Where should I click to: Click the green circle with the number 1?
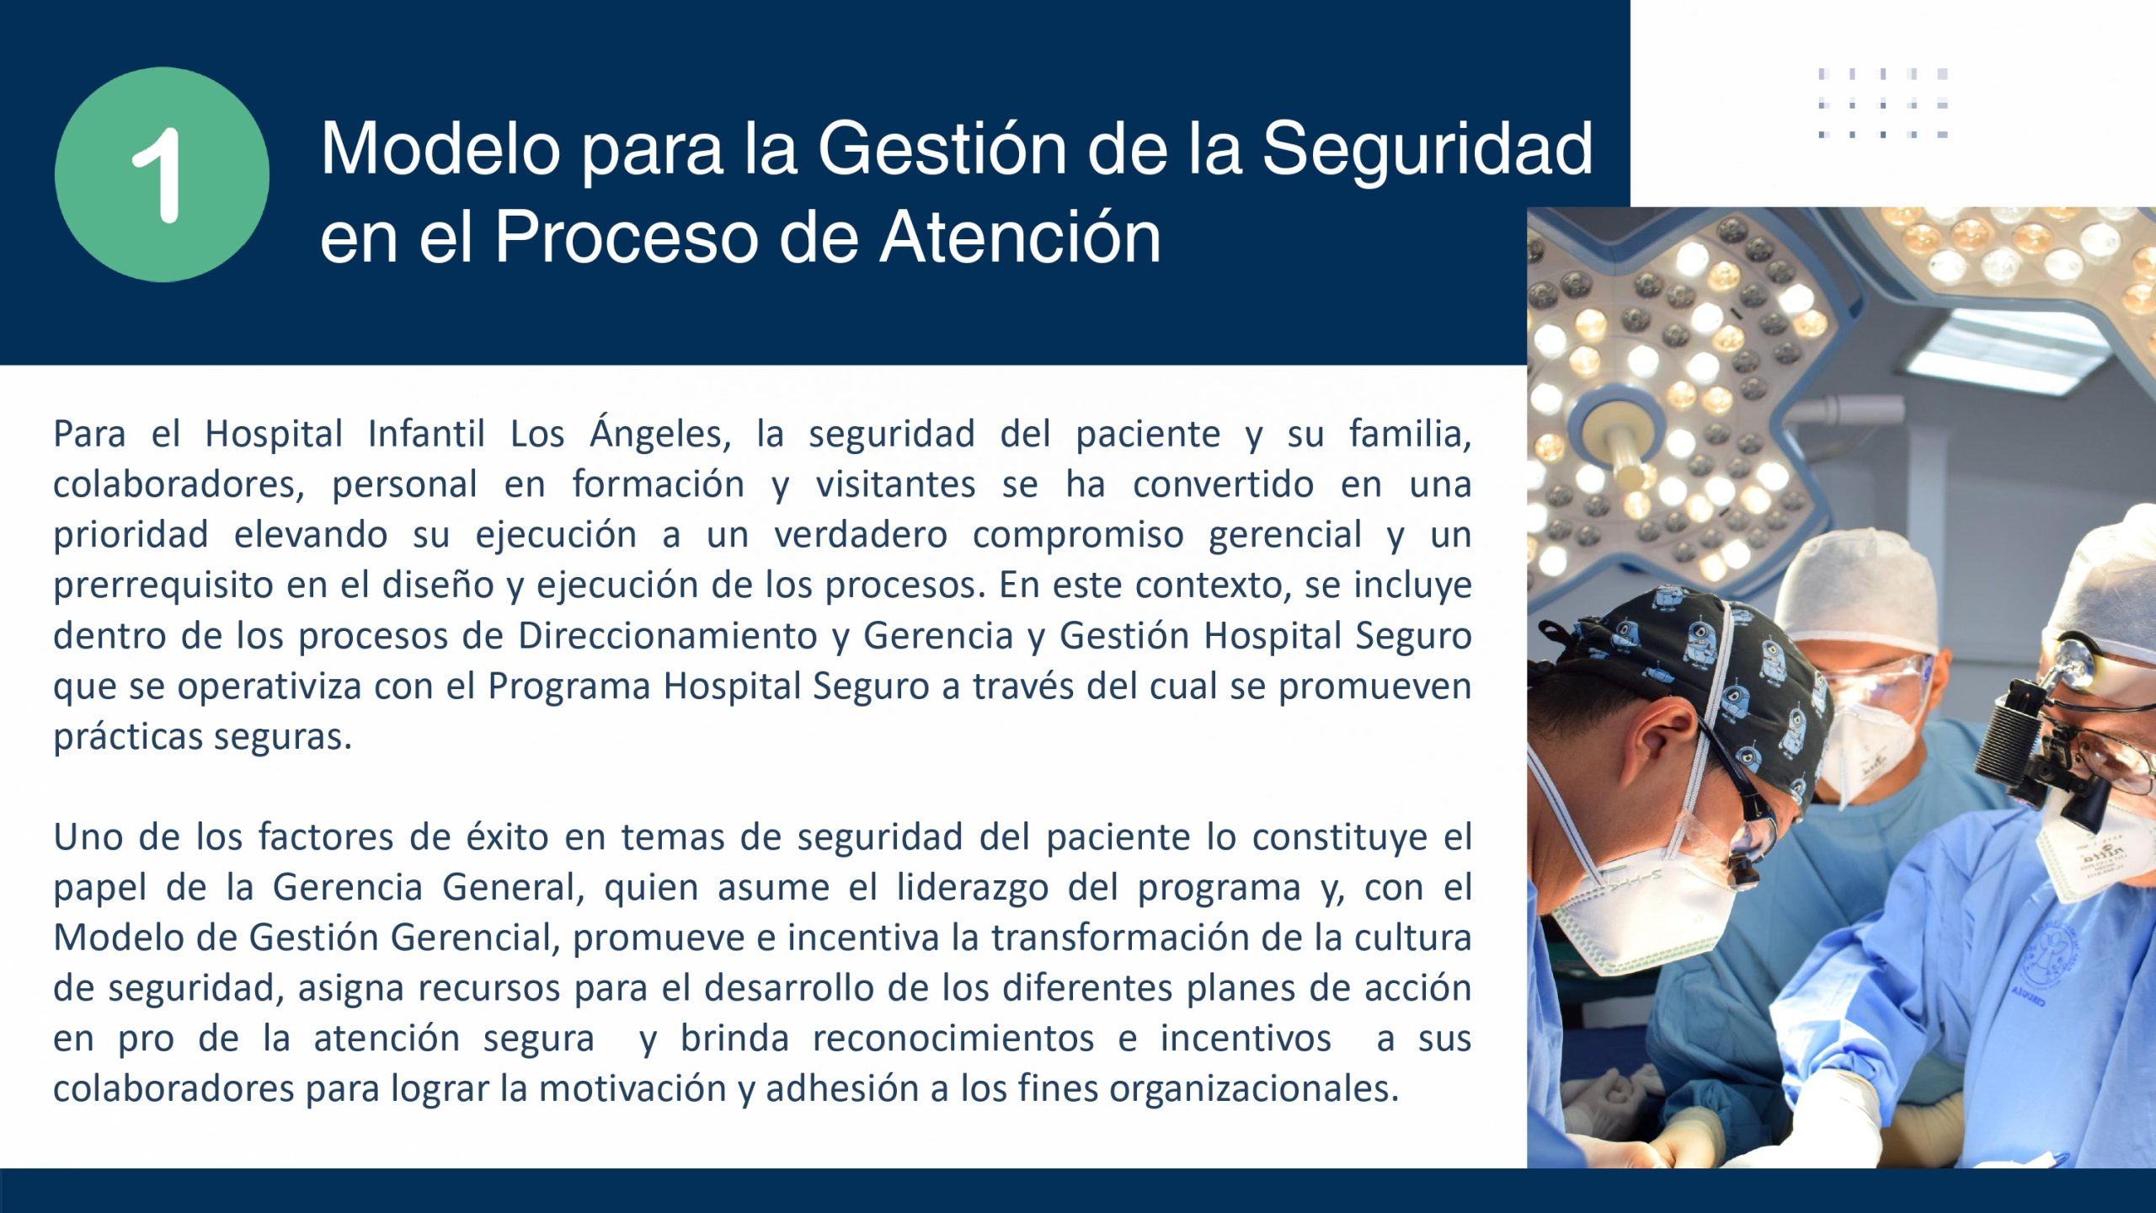pyautogui.click(x=162, y=174)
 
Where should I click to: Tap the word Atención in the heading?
pyautogui.click(x=1021, y=237)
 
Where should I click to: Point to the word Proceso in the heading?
pyautogui.click(x=627, y=237)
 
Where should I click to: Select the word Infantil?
pyautogui.click(x=426, y=434)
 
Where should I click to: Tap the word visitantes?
pyautogui.click(x=895, y=484)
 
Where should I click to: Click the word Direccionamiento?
pyautogui.click(x=667, y=635)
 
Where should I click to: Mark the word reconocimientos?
pyautogui.click(x=953, y=1039)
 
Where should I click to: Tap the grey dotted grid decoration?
pyautogui.click(x=1883, y=104)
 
